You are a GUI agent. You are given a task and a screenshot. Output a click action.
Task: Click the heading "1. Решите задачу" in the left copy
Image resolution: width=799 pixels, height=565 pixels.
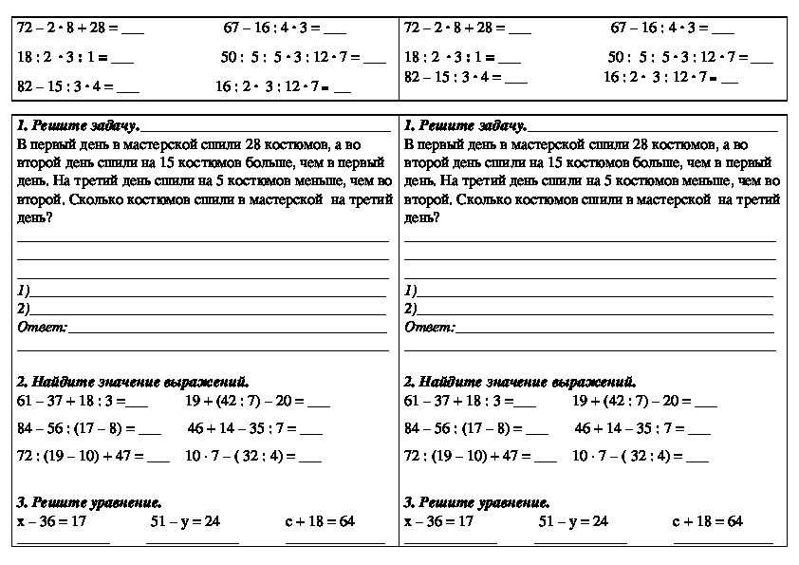(x=79, y=125)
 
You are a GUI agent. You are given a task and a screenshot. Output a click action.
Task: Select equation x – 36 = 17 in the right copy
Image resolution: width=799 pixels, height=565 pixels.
(x=438, y=521)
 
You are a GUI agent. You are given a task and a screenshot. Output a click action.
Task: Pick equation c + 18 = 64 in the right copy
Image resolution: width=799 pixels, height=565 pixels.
(x=707, y=521)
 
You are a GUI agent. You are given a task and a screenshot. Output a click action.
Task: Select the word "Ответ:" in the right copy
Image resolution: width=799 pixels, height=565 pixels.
(x=429, y=327)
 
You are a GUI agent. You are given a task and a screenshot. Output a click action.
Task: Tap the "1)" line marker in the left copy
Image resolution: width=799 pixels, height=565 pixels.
(x=24, y=290)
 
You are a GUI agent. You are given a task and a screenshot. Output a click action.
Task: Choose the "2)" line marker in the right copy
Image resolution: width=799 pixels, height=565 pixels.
(x=411, y=309)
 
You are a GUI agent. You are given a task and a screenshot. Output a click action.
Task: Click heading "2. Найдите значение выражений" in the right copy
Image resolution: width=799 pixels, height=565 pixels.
(x=520, y=381)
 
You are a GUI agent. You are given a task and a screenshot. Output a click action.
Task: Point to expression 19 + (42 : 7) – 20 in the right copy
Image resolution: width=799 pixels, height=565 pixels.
(x=632, y=401)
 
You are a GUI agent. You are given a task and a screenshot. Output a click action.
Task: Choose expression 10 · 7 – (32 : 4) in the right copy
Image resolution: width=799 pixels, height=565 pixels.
(x=627, y=456)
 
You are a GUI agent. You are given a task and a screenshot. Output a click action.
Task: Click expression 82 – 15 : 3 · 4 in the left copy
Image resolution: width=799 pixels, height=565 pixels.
(x=65, y=86)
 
